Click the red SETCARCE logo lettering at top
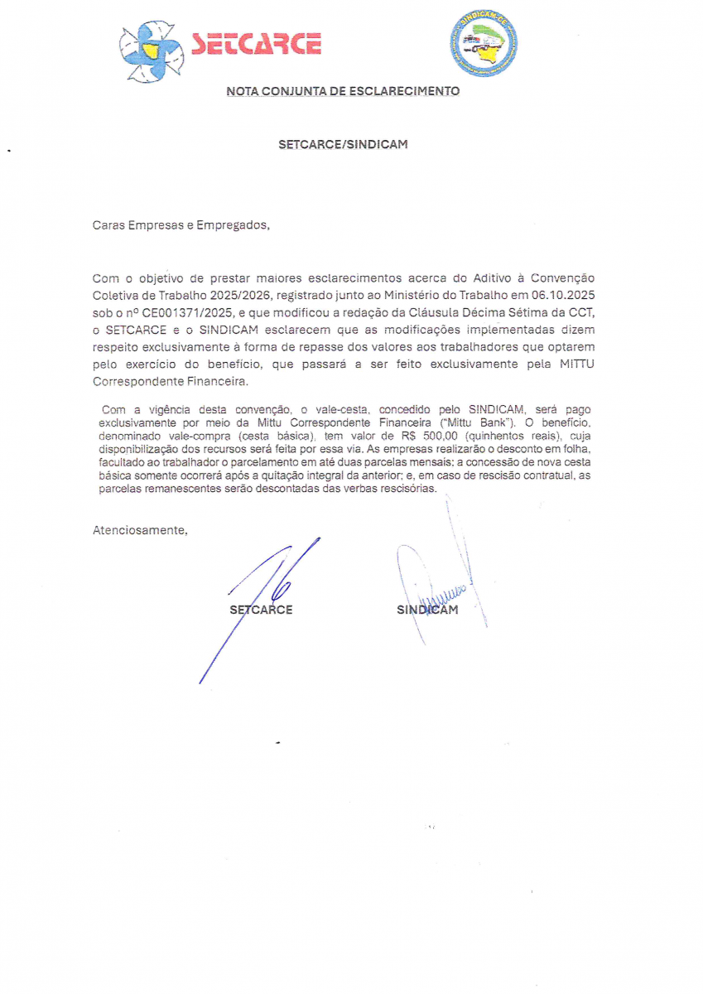click(256, 44)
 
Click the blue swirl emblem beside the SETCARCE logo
click(151, 50)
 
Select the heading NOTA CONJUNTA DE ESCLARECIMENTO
click(343, 91)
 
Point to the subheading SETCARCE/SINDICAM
click(343, 144)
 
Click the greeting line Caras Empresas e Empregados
click(181, 224)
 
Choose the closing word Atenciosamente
click(140, 530)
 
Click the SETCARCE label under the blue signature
click(261, 610)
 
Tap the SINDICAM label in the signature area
click(427, 610)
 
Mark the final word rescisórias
click(406, 489)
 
